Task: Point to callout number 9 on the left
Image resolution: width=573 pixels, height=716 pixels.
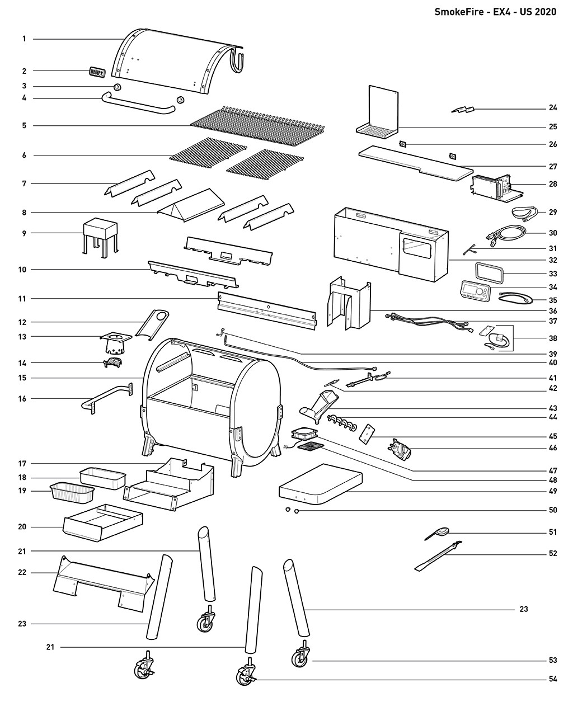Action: (24, 233)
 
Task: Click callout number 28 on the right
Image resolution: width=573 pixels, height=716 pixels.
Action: (552, 183)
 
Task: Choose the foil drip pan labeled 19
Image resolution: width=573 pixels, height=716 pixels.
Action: (72, 493)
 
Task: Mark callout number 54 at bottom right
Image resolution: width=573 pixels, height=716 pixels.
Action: (552, 680)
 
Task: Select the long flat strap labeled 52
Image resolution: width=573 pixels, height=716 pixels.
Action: (438, 556)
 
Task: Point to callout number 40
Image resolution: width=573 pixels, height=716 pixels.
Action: (552, 363)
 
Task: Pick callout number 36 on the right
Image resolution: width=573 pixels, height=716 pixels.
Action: (552, 310)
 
